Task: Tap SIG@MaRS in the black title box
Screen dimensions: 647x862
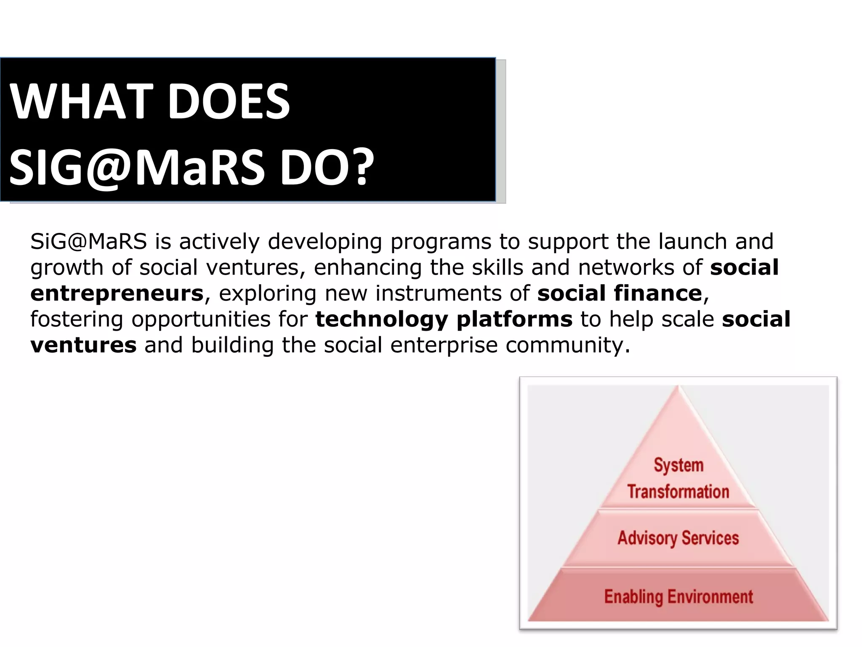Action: [137, 168]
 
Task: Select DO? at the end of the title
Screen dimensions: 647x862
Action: [327, 168]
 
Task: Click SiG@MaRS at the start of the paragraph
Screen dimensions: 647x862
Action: [88, 242]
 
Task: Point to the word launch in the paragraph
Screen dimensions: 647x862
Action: [693, 242]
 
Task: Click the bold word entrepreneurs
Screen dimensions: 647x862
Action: [117, 294]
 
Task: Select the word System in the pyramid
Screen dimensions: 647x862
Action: [678, 465]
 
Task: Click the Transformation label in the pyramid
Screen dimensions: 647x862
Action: [678, 492]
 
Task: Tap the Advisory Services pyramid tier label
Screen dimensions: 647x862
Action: [678, 538]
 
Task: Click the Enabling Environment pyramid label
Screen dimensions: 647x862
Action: [678, 596]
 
